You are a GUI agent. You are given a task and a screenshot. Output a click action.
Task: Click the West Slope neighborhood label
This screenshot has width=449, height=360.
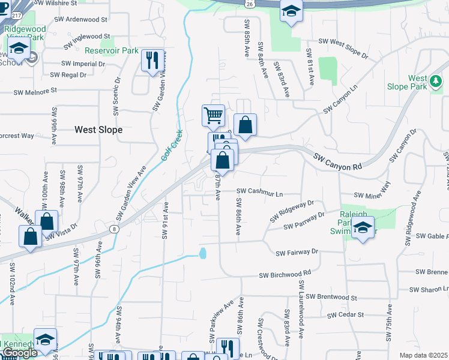(98, 130)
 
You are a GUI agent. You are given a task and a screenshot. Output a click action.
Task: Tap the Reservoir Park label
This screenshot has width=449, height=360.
(112, 51)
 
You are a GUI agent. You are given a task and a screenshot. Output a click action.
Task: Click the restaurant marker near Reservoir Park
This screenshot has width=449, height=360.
(152, 61)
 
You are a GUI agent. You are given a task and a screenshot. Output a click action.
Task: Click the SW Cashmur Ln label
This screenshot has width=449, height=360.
(259, 191)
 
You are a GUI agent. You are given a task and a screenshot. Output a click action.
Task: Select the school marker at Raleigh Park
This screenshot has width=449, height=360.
(363, 228)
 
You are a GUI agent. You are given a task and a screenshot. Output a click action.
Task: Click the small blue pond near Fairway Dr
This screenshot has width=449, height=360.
(202, 253)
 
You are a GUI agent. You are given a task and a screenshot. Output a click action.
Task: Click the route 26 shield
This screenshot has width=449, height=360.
(249, 4)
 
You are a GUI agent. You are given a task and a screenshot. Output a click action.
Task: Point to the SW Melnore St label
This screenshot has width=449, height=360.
(36, 90)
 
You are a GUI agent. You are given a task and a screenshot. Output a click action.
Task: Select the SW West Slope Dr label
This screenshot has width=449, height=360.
(343, 48)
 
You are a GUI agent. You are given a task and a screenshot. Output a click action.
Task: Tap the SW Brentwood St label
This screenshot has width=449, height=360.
(331, 297)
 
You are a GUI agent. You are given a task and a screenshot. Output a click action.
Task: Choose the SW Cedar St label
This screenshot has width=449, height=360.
(346, 314)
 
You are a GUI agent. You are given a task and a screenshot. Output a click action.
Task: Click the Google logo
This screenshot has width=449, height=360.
(19, 353)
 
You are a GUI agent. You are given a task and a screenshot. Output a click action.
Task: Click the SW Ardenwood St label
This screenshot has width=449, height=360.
(82, 19)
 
